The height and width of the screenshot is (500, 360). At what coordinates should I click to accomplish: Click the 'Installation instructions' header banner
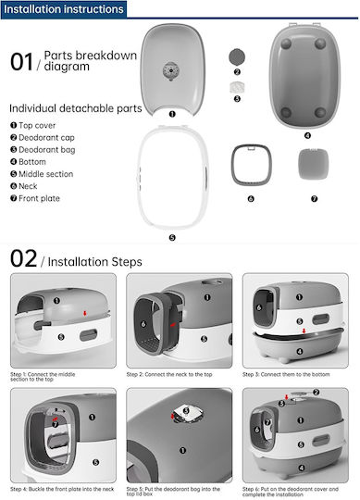click(x=64, y=9)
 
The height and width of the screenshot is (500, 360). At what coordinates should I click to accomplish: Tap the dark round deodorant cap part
click(x=237, y=57)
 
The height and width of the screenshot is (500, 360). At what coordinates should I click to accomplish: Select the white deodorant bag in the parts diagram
click(x=237, y=87)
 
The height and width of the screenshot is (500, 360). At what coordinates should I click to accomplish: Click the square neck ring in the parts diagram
click(x=252, y=165)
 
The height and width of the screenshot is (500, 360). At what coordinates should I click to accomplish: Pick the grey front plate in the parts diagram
click(x=313, y=164)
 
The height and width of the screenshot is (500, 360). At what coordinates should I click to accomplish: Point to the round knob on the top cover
click(x=171, y=70)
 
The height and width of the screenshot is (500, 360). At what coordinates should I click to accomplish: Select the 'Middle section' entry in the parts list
click(x=42, y=174)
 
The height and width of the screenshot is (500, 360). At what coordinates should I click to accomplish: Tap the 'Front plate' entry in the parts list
click(x=35, y=198)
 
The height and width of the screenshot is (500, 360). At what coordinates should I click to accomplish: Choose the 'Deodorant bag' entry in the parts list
click(x=43, y=150)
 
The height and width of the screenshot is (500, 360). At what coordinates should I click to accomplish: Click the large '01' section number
click(x=21, y=62)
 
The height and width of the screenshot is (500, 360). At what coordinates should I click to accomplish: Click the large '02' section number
click(x=23, y=258)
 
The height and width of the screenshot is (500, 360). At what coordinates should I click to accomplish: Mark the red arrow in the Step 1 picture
click(x=85, y=313)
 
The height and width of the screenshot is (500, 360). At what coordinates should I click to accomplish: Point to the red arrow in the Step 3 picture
click(x=304, y=331)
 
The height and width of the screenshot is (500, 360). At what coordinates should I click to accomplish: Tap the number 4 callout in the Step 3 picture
click(x=300, y=352)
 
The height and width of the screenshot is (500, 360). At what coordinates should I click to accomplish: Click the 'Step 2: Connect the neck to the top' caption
click(x=169, y=374)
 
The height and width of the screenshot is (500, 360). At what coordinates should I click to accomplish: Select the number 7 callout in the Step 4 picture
click(x=56, y=424)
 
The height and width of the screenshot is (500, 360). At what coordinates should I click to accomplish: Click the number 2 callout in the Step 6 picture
click(x=316, y=393)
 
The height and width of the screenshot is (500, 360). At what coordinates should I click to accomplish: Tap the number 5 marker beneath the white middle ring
click(x=172, y=238)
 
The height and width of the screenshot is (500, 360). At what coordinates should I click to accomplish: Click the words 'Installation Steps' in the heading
click(x=95, y=262)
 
